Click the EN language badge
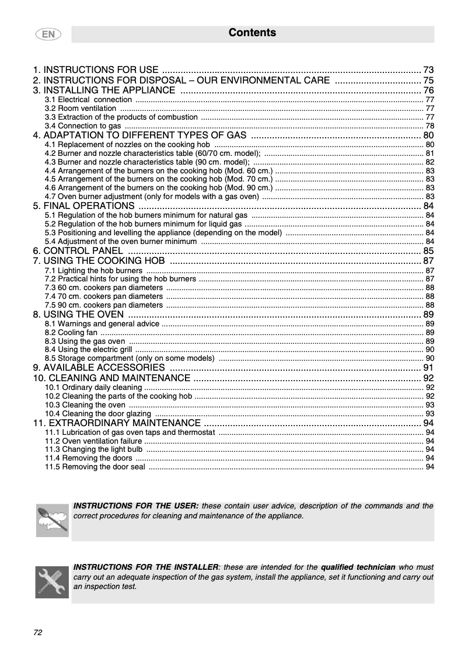pos(48,34)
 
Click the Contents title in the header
pos(252,33)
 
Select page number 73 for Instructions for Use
pos(428,69)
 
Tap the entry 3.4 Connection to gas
pos(83,126)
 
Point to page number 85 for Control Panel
pos(428,251)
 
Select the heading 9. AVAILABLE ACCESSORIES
pos(99,368)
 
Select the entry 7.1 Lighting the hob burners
pos(93,271)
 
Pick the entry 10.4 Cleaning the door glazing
pos(98,413)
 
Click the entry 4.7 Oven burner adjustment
pos(152,196)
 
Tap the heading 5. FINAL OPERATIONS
pos(85,206)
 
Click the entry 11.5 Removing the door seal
pos(95,467)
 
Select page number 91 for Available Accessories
pos(428,368)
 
